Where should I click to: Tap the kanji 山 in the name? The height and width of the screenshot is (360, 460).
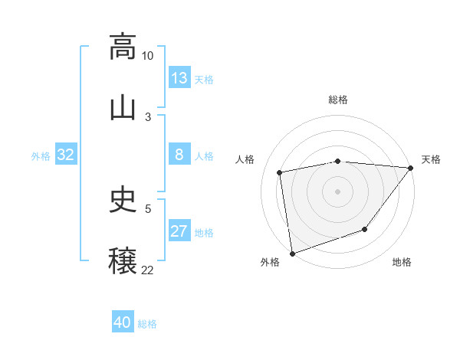[x=123, y=107]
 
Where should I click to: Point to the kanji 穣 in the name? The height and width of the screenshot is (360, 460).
[x=123, y=260]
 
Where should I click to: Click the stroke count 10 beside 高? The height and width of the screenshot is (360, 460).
[x=148, y=56]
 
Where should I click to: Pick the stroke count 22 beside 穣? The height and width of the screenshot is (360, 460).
[x=148, y=270]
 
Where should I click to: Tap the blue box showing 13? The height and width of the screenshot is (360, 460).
[x=179, y=78]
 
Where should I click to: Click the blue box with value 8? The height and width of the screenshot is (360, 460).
[x=179, y=155]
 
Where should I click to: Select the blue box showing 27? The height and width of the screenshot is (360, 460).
[x=179, y=231]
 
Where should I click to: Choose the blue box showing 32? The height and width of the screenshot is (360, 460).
[x=66, y=155]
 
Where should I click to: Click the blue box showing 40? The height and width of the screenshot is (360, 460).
[x=123, y=322]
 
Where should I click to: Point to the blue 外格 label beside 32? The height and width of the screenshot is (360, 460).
[x=41, y=156]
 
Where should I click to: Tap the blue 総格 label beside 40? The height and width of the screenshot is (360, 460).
[x=147, y=324]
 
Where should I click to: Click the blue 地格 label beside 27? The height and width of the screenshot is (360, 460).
[x=204, y=233]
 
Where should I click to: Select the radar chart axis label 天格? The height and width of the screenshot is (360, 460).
[x=431, y=159]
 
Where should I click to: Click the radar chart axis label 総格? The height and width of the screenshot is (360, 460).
[x=338, y=100]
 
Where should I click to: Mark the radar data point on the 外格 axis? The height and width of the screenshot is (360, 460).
[x=292, y=253]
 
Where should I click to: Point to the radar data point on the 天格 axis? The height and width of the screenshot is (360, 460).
[x=411, y=168]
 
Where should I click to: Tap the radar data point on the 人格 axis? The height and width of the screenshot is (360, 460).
[x=280, y=172]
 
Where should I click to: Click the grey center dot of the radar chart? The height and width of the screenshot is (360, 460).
[x=338, y=191]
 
